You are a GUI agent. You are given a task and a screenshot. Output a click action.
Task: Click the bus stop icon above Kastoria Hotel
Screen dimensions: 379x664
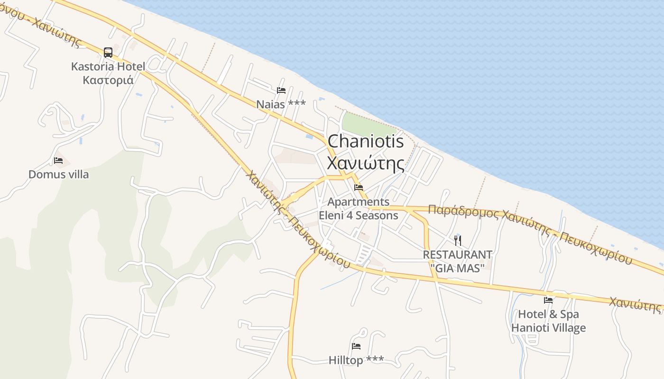[x=108, y=52]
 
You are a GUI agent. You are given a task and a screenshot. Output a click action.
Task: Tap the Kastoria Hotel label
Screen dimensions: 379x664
[x=108, y=66]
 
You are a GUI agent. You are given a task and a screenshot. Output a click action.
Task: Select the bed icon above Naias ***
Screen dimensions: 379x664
[x=281, y=90]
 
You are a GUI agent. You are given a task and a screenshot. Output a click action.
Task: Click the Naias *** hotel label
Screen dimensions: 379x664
[x=281, y=104]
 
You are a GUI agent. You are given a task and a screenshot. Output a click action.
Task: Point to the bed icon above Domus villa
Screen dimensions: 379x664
[x=58, y=161]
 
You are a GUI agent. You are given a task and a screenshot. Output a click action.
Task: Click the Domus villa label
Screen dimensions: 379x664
[x=58, y=174]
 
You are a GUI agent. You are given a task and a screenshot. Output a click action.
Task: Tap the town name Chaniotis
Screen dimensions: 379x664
[x=366, y=141]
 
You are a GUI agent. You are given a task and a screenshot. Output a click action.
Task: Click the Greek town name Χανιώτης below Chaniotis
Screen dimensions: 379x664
[x=366, y=163]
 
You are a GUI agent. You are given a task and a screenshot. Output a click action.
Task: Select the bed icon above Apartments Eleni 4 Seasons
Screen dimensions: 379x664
[x=359, y=188]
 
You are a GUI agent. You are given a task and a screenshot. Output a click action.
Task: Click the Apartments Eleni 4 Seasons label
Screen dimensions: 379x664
[x=359, y=208]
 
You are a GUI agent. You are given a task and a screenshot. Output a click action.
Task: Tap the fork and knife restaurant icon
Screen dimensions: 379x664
[x=458, y=240]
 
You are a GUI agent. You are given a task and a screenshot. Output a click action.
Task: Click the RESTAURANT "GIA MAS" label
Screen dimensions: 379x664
[x=458, y=261]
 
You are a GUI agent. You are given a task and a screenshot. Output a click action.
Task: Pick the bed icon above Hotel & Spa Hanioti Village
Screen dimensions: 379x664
[x=548, y=300]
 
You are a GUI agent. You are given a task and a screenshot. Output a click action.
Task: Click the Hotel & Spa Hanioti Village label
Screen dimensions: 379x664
[x=548, y=321]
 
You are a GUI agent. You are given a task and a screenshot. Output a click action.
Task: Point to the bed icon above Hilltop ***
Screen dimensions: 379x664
[x=356, y=346]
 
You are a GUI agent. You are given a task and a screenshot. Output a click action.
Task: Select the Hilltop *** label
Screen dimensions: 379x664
[x=356, y=361]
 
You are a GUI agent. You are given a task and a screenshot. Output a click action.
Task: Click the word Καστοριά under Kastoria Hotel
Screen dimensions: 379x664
[x=108, y=80]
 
